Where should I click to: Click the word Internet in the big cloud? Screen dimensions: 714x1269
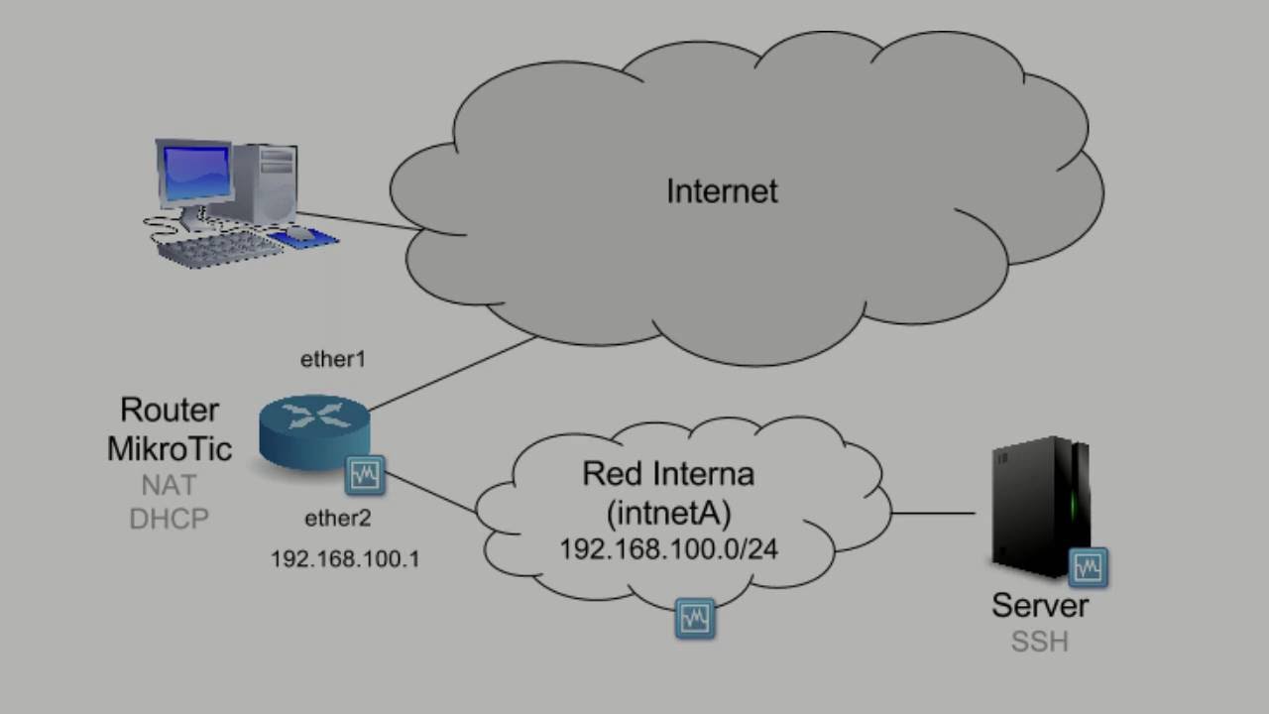tap(722, 190)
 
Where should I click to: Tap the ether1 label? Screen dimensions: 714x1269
tap(333, 360)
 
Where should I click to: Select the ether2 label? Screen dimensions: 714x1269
tap(338, 517)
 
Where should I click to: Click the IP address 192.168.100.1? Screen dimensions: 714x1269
tap(345, 559)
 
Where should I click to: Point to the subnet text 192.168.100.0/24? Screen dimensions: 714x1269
tap(667, 548)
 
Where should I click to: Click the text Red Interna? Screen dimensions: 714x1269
tap(667, 474)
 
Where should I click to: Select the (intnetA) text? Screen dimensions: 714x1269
tap(667, 512)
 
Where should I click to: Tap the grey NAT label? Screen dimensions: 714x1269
tap(169, 486)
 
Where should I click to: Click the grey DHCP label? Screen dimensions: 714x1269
tap(169, 519)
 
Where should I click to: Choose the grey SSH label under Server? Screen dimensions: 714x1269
tap(1039, 642)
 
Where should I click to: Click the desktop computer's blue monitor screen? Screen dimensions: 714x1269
tap(195, 174)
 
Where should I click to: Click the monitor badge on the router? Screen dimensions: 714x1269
tap(365, 476)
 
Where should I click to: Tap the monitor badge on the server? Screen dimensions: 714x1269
tap(1088, 567)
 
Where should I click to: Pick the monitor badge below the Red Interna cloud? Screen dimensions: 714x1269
tap(695, 619)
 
